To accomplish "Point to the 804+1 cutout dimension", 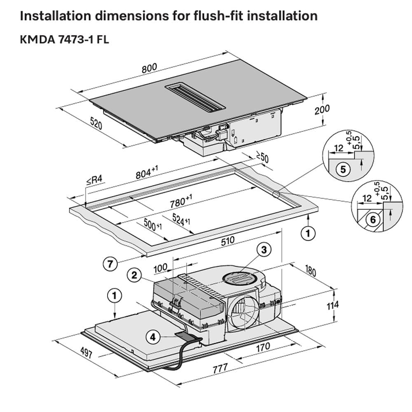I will (146, 173).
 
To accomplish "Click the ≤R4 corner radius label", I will (94, 180).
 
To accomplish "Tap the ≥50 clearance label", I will (262, 158).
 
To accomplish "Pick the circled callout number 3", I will (265, 249).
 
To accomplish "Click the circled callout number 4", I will (153, 337).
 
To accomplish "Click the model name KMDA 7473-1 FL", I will (64, 40).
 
